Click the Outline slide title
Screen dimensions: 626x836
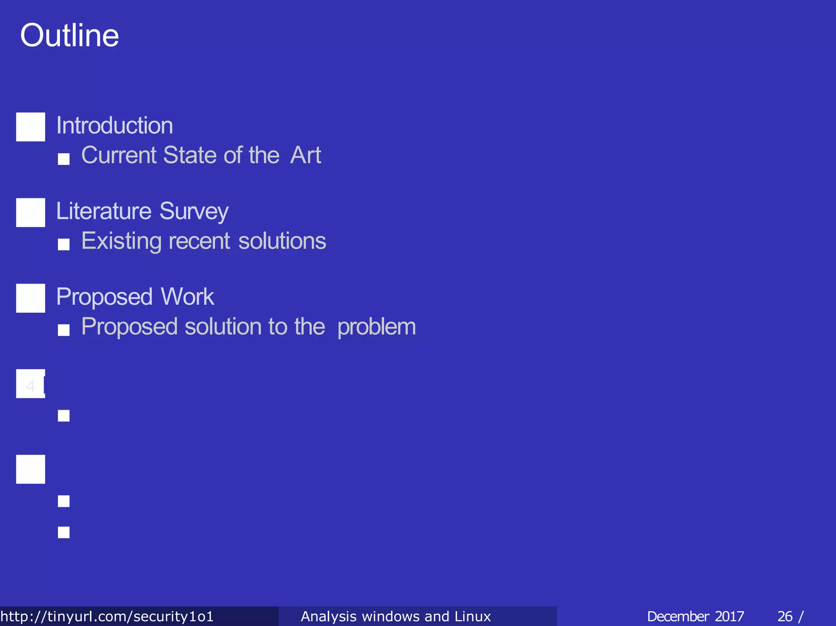click(x=69, y=36)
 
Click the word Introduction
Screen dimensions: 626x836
click(x=114, y=125)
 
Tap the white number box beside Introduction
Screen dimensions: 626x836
click(x=31, y=127)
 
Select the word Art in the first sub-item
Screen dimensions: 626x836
click(x=305, y=155)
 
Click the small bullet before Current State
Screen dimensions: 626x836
click(x=64, y=159)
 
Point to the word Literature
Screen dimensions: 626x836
click(x=104, y=211)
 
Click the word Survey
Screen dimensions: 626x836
click(x=194, y=212)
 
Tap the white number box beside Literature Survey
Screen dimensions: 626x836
click(x=31, y=213)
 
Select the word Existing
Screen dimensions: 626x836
click(x=121, y=241)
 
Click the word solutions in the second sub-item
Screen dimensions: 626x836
click(x=282, y=241)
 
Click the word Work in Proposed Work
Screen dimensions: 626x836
click(x=187, y=297)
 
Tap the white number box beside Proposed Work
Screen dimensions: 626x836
click(x=31, y=298)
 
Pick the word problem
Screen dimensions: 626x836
click(x=376, y=327)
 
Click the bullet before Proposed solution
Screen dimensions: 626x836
click(x=64, y=330)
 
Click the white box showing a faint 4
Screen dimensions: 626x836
click(x=31, y=384)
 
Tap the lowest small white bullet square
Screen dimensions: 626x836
click(x=64, y=533)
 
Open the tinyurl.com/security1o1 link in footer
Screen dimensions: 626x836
click(x=107, y=616)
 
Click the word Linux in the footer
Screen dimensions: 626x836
click(x=473, y=616)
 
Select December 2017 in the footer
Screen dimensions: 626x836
click(x=695, y=616)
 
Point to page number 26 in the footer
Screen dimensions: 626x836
click(x=785, y=616)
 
